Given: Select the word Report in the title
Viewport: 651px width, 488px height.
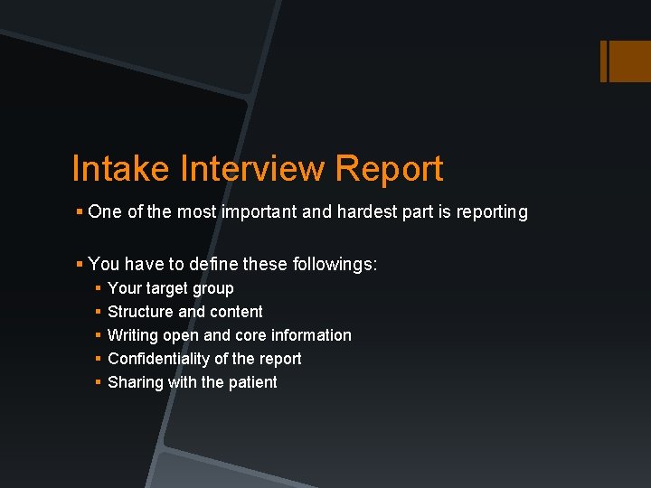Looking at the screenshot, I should point(389,169).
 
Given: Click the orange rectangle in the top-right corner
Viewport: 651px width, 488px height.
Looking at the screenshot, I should point(625,61).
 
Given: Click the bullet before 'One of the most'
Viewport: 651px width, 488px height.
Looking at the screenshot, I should point(80,212).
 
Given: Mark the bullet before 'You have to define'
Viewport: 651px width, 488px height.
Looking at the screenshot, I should point(80,265).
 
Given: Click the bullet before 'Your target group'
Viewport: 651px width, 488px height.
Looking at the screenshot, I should point(98,289).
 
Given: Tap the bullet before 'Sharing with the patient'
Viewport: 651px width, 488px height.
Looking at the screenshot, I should point(98,382).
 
